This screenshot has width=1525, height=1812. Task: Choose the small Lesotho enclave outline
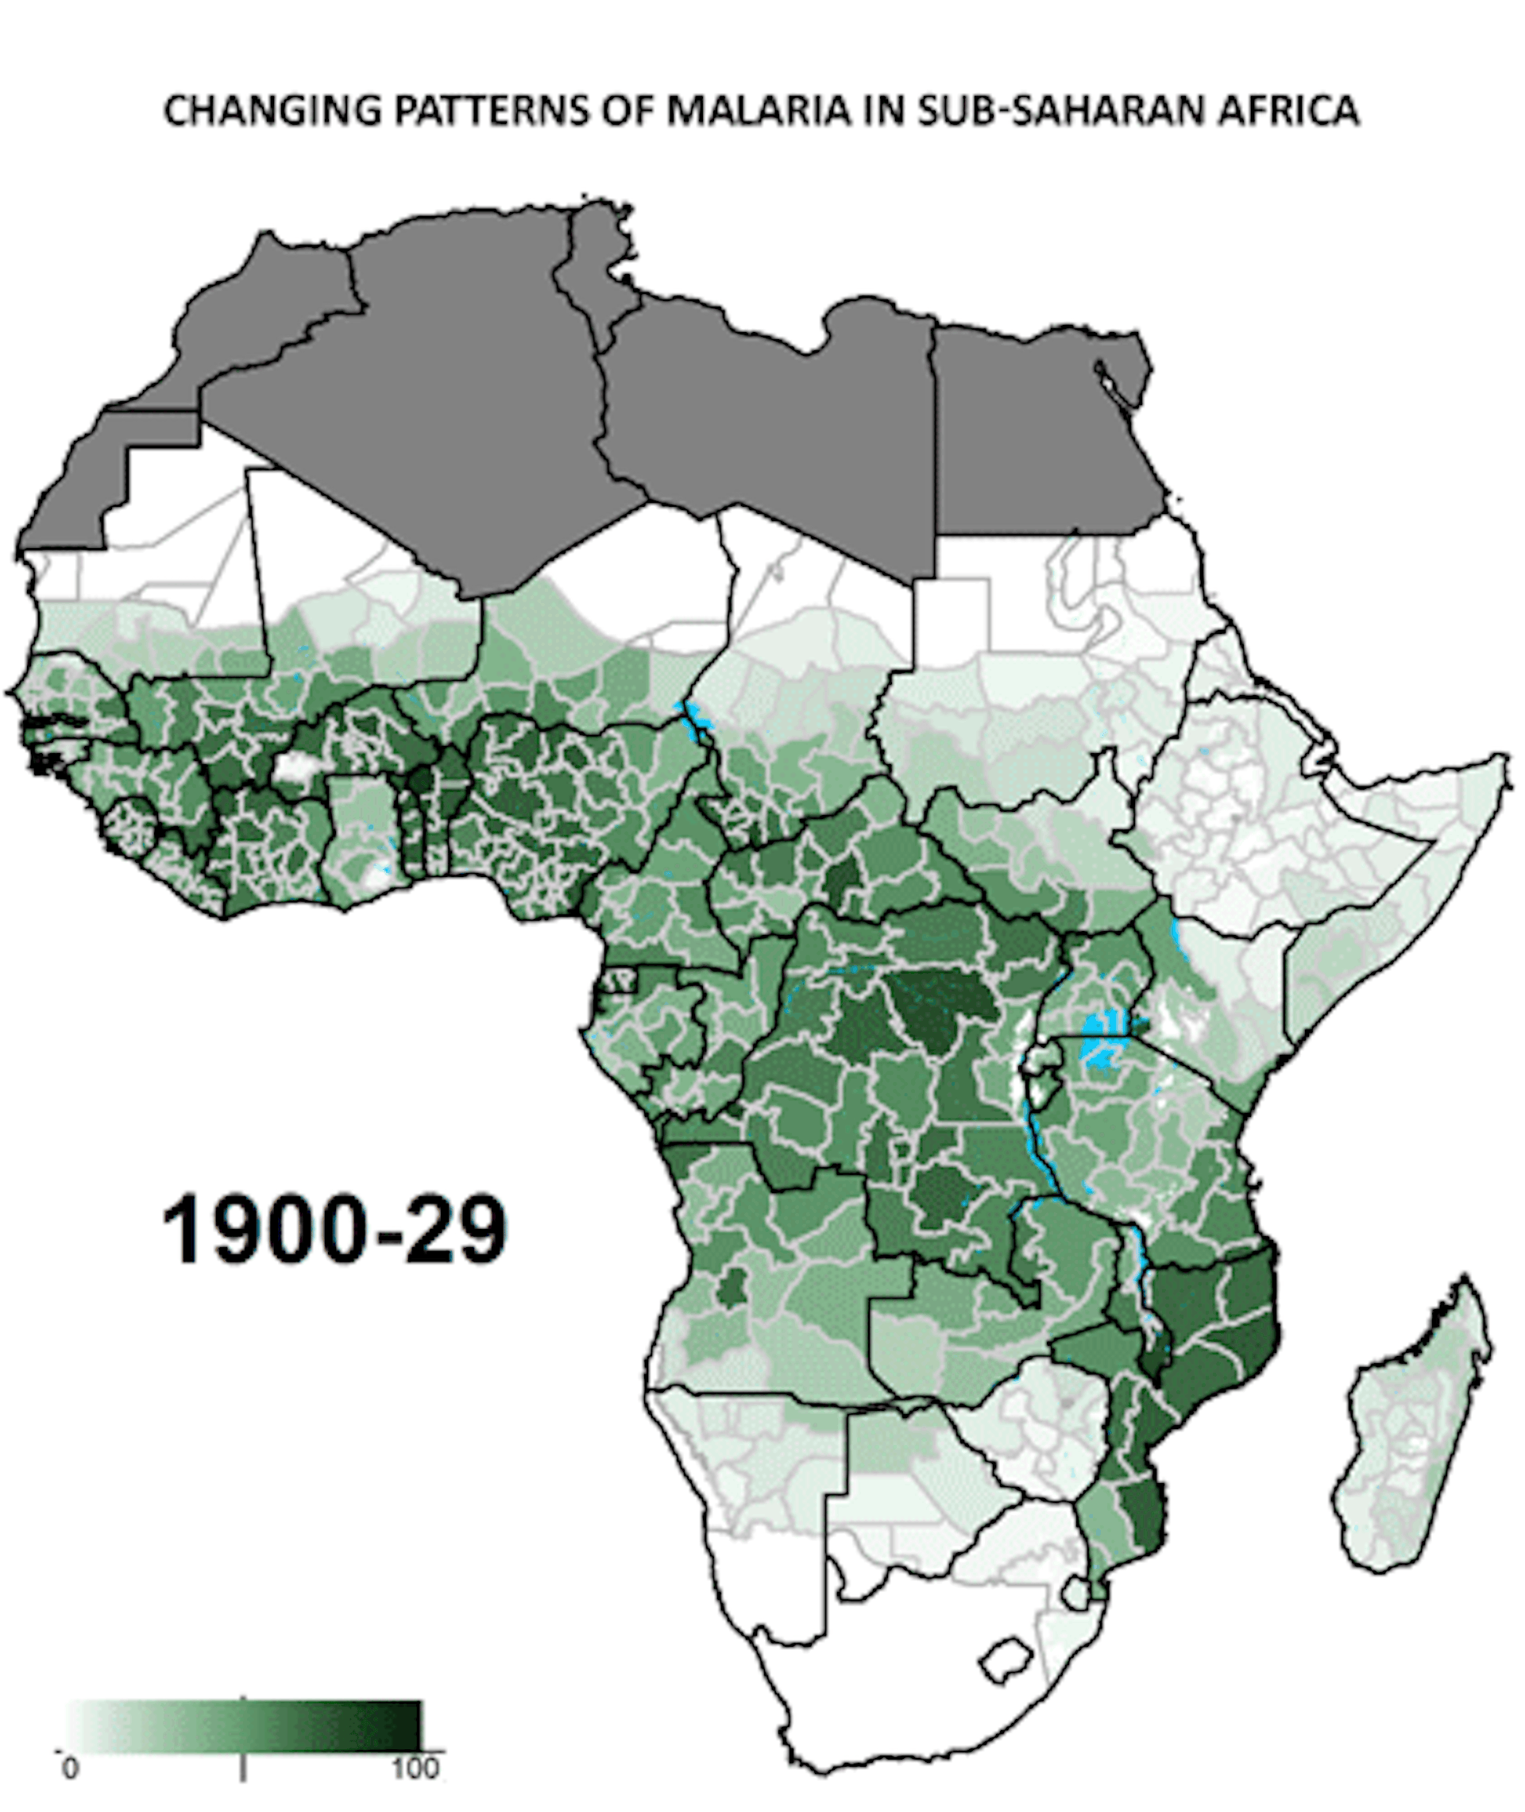(1006, 1658)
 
